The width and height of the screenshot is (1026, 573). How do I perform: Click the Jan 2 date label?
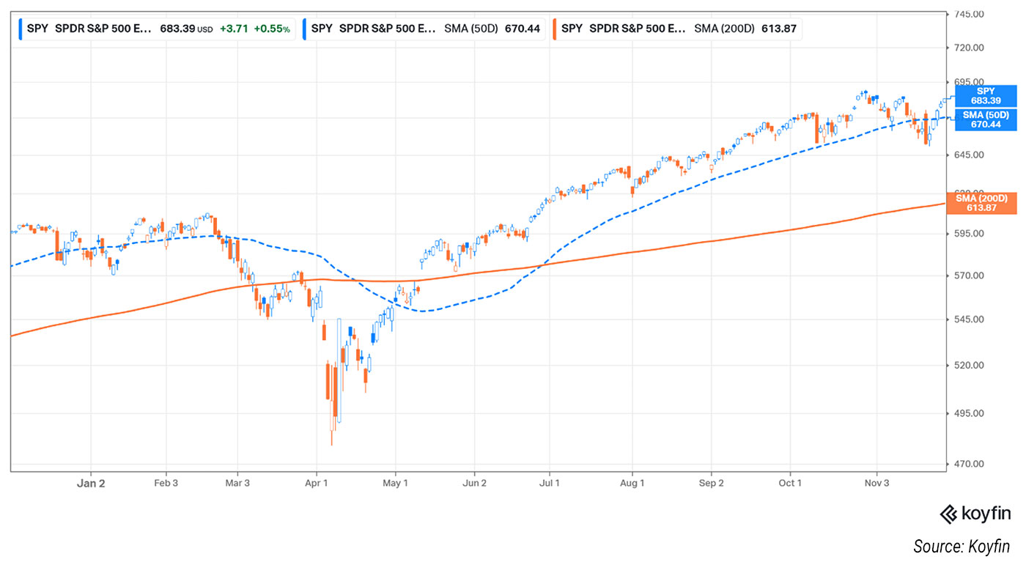(x=92, y=484)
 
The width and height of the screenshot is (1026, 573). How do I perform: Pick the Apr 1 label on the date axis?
(x=316, y=484)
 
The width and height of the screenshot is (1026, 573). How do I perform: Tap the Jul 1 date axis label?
(x=550, y=484)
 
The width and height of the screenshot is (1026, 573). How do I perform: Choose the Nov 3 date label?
(x=876, y=484)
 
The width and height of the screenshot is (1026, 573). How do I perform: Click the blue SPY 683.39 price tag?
(x=986, y=96)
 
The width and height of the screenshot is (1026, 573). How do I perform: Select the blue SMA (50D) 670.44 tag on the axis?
(x=986, y=120)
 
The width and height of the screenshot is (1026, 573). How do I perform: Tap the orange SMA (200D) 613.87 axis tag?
(x=986, y=203)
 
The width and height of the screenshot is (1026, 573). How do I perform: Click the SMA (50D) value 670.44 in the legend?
(x=520, y=29)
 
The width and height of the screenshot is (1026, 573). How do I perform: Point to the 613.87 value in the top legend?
(x=779, y=29)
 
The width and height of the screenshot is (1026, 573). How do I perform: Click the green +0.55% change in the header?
(x=272, y=29)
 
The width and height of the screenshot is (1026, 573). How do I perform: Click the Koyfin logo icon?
(x=949, y=514)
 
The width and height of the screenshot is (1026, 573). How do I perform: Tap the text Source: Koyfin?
(x=961, y=546)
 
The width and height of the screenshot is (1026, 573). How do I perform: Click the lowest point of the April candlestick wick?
(x=332, y=445)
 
